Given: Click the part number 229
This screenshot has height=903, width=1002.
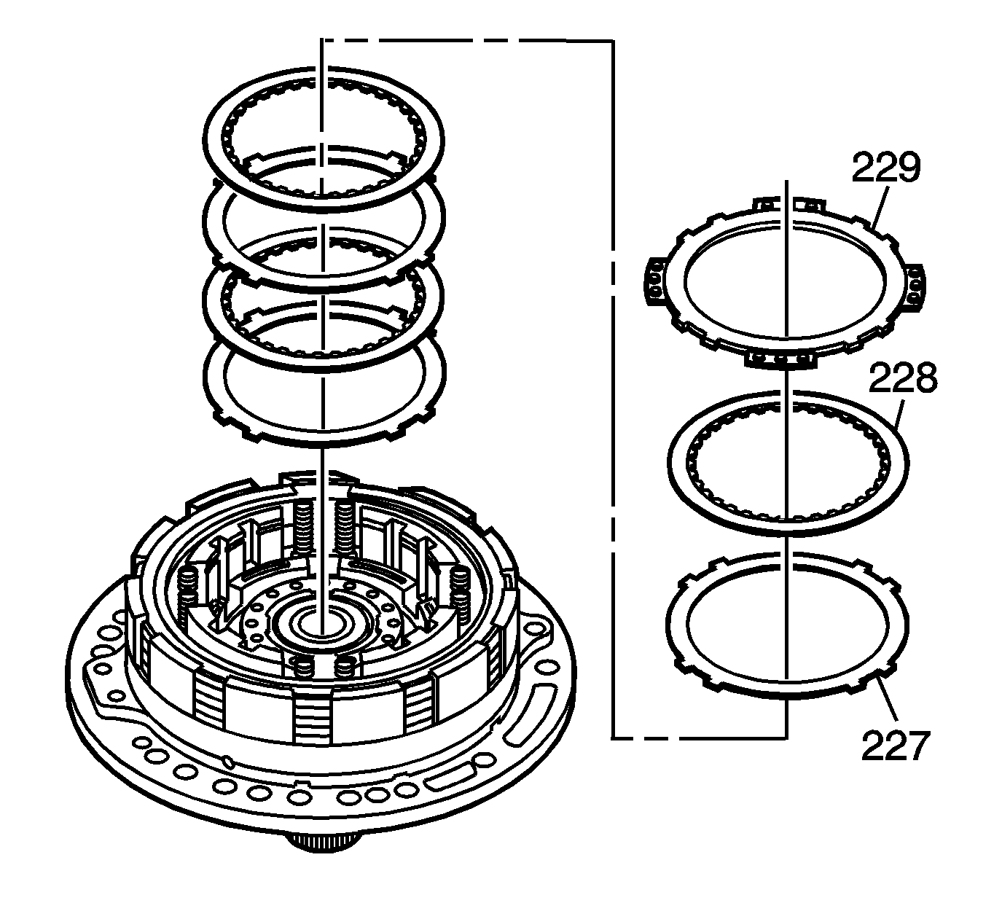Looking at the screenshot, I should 886,168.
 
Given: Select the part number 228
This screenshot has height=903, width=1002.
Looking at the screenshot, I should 902,379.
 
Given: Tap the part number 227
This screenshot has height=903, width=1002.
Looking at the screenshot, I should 896,745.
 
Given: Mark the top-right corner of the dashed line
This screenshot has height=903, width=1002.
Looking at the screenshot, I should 612,42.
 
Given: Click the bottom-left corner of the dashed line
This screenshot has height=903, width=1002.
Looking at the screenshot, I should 612,738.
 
